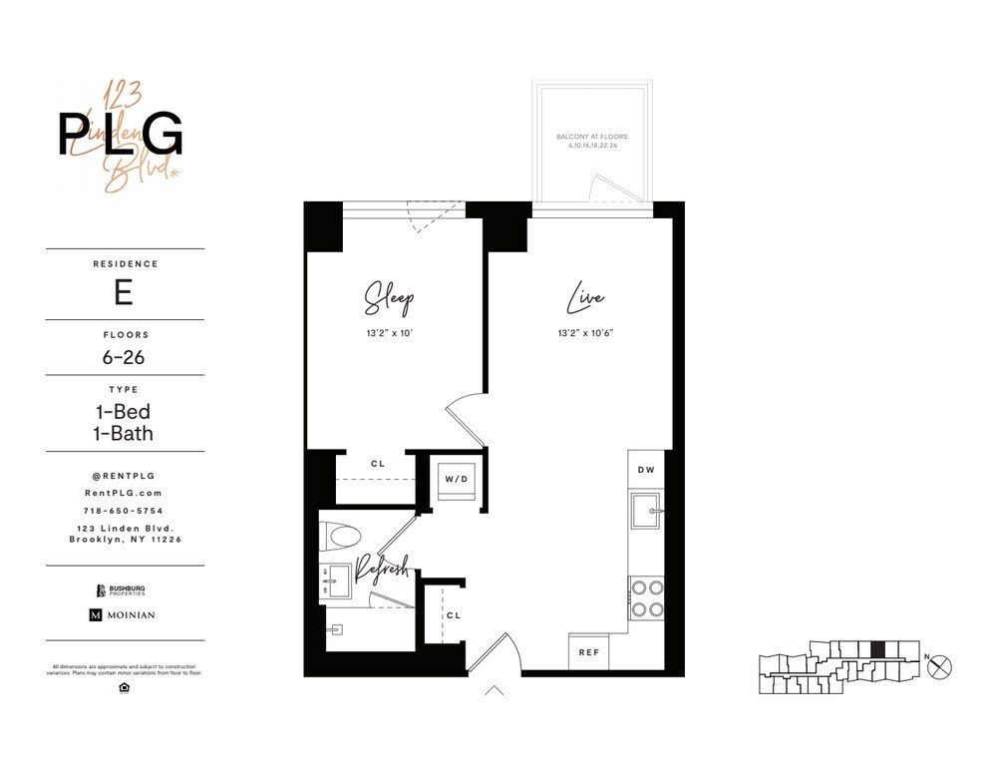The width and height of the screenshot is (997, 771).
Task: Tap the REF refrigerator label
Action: [589, 652]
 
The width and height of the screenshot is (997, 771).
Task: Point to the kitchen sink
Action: [644, 511]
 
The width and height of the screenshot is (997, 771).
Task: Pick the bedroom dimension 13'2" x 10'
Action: [388, 334]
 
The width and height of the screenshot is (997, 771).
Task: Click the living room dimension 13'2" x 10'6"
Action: [585, 334]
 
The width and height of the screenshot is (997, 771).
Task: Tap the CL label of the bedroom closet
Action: [377, 464]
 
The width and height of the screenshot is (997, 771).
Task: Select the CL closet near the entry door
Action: [453, 615]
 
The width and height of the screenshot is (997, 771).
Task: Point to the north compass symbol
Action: [939, 668]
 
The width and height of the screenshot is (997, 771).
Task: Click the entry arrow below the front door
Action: [495, 689]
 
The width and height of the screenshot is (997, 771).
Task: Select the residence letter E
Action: [125, 292]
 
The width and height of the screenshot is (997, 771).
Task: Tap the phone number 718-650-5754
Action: [125, 511]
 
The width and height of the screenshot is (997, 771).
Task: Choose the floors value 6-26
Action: [125, 357]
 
